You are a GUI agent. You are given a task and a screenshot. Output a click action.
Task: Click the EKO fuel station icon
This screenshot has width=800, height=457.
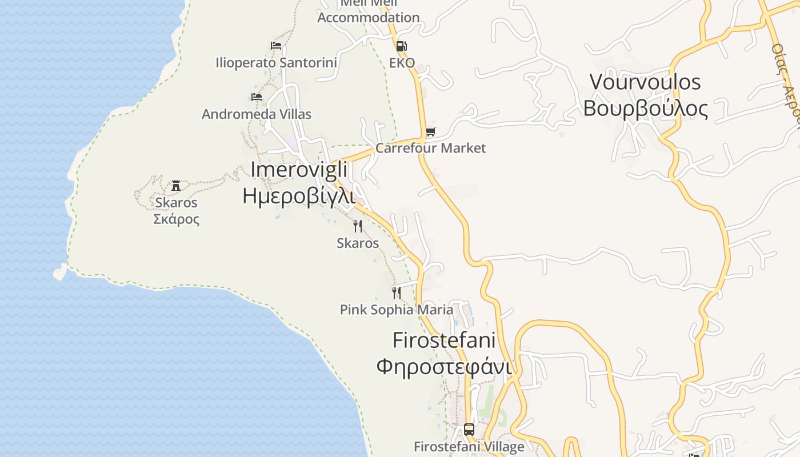401,46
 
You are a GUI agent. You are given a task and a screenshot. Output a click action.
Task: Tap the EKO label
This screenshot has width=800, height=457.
402,63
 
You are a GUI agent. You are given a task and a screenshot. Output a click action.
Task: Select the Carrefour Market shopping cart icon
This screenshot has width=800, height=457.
430,132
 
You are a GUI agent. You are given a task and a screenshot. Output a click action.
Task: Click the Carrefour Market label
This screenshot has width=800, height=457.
430,148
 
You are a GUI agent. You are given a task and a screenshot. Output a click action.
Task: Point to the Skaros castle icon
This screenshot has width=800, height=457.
176,186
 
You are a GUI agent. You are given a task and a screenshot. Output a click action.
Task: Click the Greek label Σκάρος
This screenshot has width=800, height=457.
176,219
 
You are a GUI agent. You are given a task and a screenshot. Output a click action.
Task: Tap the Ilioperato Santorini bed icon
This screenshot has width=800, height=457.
276,46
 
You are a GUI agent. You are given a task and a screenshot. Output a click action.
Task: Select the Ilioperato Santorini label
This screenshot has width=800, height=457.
276,62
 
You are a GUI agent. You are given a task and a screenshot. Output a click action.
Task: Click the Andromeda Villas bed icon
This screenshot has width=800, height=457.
257,97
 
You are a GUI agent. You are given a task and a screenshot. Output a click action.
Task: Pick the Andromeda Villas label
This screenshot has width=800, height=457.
257,114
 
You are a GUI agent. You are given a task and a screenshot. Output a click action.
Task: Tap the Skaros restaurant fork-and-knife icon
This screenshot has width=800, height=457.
358,226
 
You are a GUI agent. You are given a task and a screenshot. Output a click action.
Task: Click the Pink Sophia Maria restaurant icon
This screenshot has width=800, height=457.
396,293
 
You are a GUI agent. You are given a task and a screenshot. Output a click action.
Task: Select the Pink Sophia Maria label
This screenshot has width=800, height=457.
396,310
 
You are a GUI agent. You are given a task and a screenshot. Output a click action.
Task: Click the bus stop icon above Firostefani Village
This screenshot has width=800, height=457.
469,430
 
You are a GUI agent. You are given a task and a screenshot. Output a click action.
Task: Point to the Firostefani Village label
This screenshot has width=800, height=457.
469,446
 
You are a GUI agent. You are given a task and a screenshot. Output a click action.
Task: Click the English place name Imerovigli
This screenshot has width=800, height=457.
299,170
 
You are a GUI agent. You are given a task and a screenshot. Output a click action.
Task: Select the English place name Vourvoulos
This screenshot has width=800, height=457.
645,82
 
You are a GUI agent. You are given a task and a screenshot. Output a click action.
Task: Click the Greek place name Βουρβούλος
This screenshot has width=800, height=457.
645,108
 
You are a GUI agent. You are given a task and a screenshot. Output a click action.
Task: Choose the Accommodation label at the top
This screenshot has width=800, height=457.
369,17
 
